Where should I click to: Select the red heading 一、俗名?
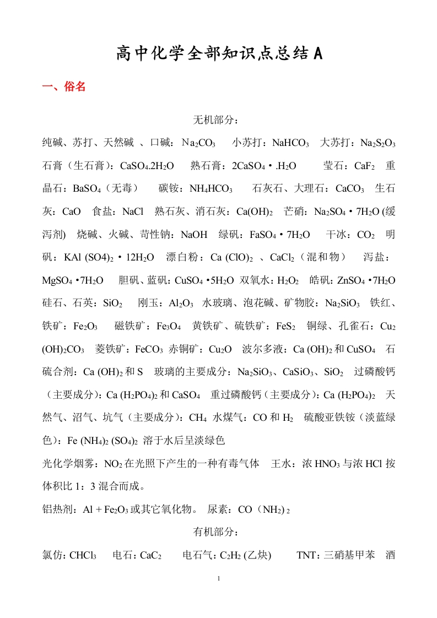64,86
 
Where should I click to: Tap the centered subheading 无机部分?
215,120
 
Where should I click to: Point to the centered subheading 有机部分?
215,532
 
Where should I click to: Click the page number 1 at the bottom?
219,578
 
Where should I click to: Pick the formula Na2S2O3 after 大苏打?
378,143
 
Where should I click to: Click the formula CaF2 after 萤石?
364,166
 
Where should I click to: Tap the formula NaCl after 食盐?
133,212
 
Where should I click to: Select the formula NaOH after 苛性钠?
194,235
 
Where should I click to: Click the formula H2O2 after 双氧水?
288,280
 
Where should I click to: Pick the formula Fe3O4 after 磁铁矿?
169,326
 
